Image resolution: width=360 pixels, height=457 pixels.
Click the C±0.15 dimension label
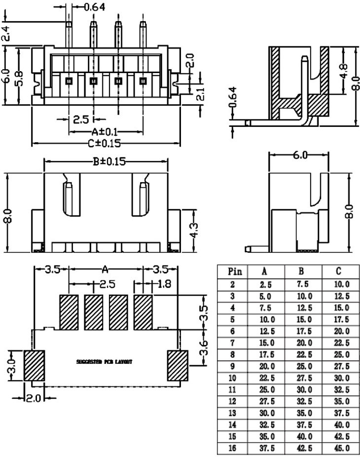click(x=105, y=144)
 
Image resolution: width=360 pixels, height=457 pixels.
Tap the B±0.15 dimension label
click(x=106, y=161)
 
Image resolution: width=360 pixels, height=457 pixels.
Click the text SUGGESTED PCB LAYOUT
click(x=104, y=362)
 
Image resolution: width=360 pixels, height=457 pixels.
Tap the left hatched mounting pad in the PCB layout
click(x=35, y=365)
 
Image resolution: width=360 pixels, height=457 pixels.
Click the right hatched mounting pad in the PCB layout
click(x=178, y=365)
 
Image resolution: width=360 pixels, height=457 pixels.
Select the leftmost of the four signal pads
click(x=69, y=312)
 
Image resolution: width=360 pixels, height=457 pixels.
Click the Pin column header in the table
click(x=235, y=271)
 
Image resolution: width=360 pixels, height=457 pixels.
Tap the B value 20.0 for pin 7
click(x=303, y=343)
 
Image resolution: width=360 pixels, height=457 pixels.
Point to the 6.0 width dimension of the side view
click(x=298, y=155)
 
